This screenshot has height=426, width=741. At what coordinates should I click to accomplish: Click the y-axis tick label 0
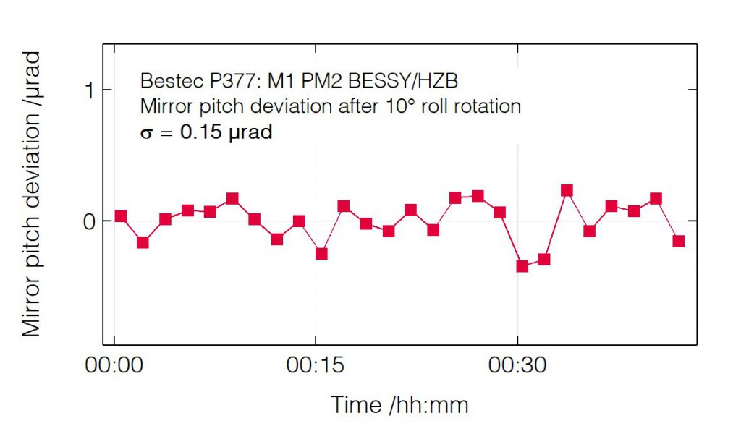(88, 221)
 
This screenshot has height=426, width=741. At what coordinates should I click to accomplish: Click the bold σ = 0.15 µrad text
(206, 133)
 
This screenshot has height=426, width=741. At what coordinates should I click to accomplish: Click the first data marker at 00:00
(120, 216)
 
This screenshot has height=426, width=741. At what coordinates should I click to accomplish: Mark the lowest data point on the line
(522, 266)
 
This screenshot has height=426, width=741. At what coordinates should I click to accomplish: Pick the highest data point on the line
(567, 190)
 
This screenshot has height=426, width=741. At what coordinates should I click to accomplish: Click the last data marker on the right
(679, 241)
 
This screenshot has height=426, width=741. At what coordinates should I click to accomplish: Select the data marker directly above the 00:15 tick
(321, 253)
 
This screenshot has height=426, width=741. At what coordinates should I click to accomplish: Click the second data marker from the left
(143, 242)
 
